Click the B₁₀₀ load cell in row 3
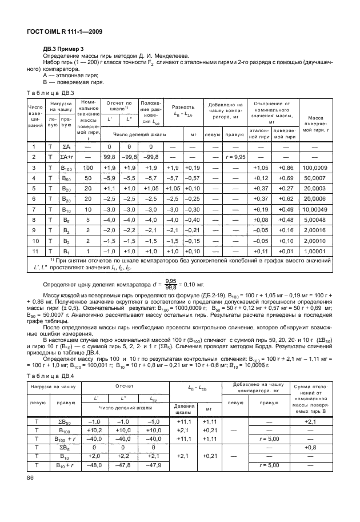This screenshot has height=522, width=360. coord(66,168)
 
